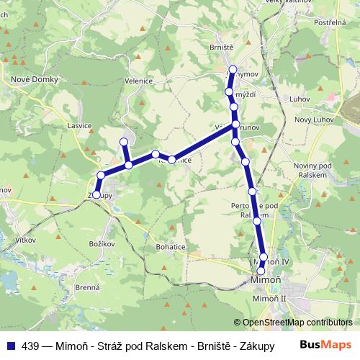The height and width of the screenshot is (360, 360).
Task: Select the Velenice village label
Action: click(x=138, y=81)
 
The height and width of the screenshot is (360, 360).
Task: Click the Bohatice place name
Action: click(x=170, y=246)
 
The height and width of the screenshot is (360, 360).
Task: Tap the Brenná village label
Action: click(x=86, y=287)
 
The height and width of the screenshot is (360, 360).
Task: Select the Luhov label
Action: click(x=298, y=99)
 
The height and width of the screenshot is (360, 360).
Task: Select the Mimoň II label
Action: click(x=270, y=297)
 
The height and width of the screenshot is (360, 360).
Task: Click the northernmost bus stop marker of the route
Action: click(x=232, y=71)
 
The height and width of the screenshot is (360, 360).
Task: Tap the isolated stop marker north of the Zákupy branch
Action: click(x=124, y=142)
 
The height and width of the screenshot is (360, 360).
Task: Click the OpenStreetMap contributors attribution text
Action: click(x=297, y=323)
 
